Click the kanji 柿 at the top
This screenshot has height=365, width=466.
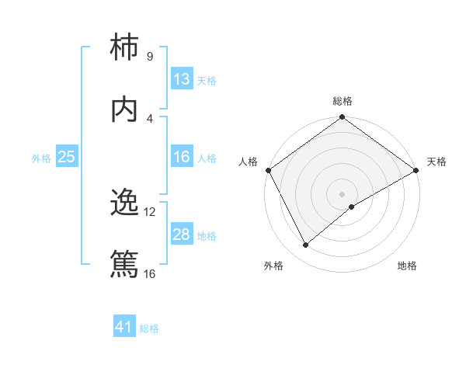coord(125,49)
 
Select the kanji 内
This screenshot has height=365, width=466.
coord(125,109)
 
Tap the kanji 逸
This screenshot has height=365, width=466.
coord(125,203)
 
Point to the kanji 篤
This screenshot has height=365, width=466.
coord(125,265)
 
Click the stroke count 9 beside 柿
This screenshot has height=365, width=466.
coord(149,57)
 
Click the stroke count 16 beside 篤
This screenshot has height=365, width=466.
coord(150,273)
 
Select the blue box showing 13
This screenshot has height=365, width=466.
coord(182,79)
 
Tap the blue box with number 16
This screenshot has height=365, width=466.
coord(182,157)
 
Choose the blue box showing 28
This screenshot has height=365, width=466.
coord(182,235)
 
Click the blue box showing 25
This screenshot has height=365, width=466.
coord(67,157)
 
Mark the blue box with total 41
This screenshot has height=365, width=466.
coord(125,327)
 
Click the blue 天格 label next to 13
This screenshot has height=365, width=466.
coord(206,80)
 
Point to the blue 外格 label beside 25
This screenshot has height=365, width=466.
coord(41,158)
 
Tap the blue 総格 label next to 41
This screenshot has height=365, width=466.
coord(149,328)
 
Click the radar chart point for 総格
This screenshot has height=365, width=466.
coord(342,118)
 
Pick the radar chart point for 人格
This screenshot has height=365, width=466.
coord(268,170)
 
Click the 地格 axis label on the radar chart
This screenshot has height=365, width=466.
coord(407,266)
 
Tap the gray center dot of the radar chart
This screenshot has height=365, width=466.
coord(342,193)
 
